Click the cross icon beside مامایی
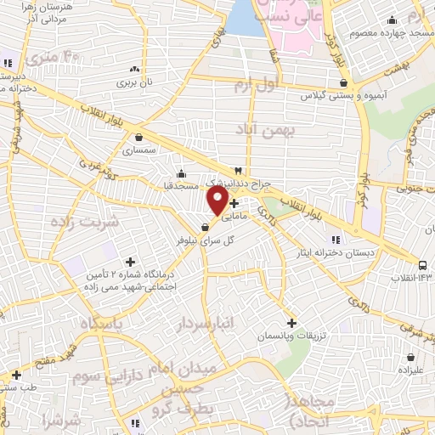click(234, 204)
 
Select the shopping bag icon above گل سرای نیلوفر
click(205, 228)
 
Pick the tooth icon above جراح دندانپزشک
click(249, 170)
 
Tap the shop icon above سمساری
click(138, 136)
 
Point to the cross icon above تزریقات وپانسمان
click(291, 323)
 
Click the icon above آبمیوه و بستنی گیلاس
click(343, 83)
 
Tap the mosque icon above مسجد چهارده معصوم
click(392, 21)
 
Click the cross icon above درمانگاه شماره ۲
click(129, 262)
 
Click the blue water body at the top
click(246, 17)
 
